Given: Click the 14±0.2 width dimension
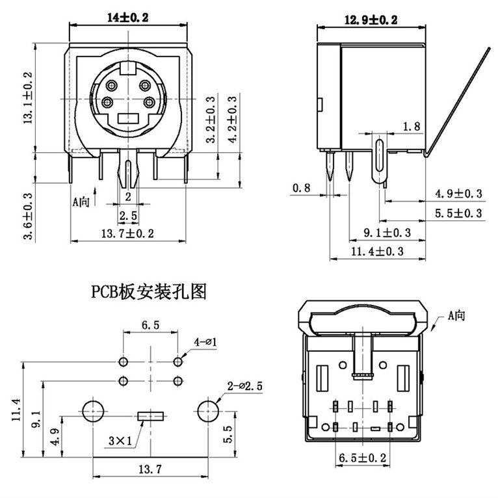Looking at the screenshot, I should point(127,18).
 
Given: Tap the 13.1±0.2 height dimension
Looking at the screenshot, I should point(28,98).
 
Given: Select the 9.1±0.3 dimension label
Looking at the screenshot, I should point(384,232).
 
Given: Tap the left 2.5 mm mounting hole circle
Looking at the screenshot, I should point(92,412).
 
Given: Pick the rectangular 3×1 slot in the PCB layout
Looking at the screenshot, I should point(150,415).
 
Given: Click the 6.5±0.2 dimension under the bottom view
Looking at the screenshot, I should point(362,458).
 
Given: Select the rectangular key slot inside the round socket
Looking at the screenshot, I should point(128,119).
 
